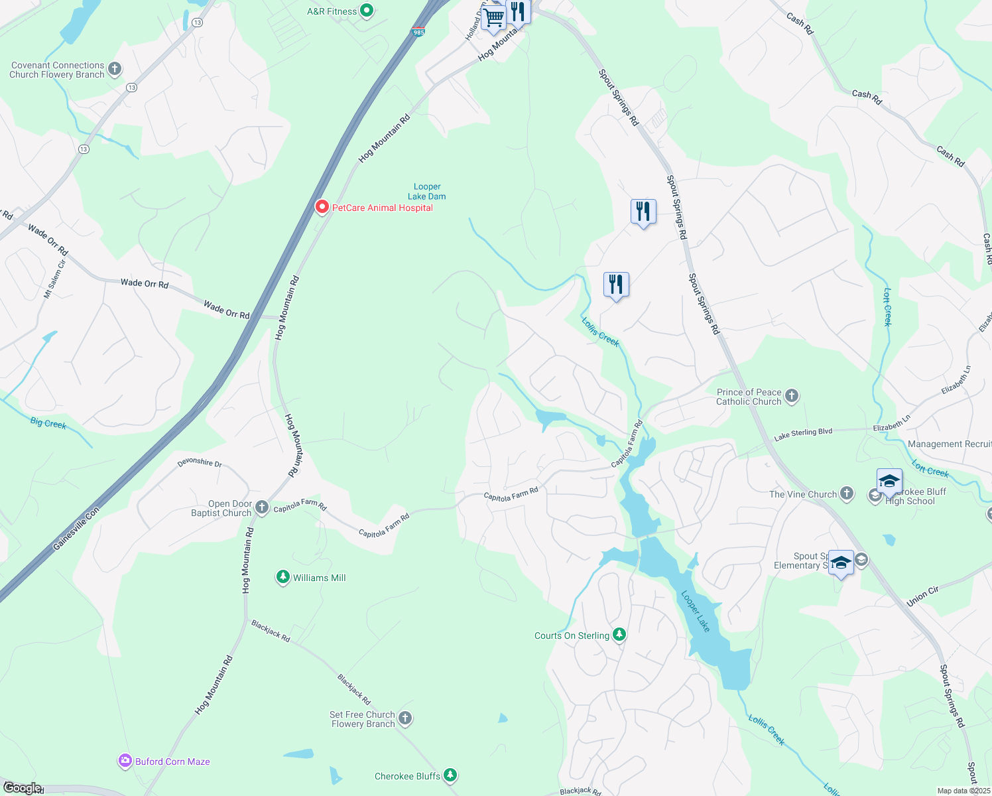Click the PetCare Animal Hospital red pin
322,207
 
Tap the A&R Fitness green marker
367,11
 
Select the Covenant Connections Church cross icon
115,69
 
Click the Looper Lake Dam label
426,192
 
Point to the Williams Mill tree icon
283,577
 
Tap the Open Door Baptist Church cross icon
262,508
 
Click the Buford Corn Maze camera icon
125,761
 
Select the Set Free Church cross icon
405,718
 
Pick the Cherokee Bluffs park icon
450,775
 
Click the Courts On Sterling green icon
619,635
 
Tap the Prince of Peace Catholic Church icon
791,396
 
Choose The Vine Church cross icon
846,493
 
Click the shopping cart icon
494,18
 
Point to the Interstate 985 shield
418,31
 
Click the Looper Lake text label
696,611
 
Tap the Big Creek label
48,423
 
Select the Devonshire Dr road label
200,462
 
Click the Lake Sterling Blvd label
803,434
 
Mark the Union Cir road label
922,596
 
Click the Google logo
21,788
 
